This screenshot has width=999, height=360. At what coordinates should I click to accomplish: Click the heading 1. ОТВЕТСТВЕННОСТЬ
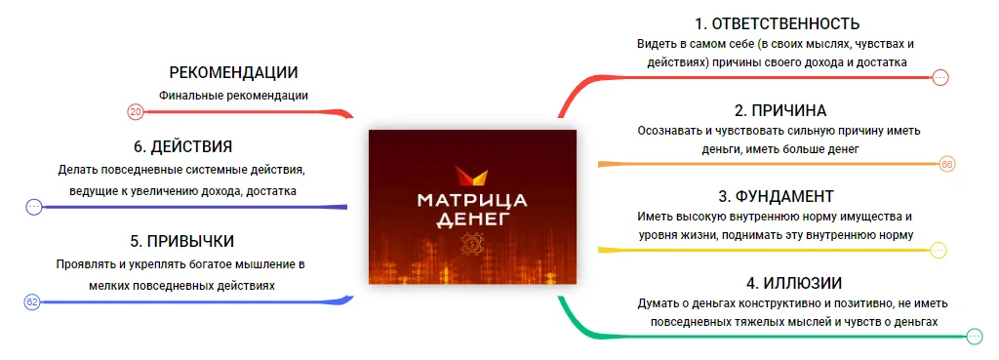pyautogui.click(x=778, y=23)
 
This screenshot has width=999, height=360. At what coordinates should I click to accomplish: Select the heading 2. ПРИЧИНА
pyautogui.click(x=780, y=110)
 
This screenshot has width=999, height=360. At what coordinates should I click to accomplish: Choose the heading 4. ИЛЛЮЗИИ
pyautogui.click(x=794, y=282)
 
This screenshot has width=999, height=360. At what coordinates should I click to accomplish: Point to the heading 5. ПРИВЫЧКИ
pyautogui.click(x=182, y=242)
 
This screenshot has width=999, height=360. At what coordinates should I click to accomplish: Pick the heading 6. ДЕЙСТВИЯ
pyautogui.click(x=182, y=146)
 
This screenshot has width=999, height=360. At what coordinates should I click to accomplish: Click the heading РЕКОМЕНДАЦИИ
pyautogui.click(x=234, y=72)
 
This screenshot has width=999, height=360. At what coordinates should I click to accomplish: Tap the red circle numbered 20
pyautogui.click(x=135, y=112)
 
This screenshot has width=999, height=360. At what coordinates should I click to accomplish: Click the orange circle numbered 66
pyautogui.click(x=947, y=164)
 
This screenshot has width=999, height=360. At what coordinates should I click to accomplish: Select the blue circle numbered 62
pyautogui.click(x=32, y=302)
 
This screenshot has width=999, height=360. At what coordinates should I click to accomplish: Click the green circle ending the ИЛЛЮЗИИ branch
pyautogui.click(x=975, y=337)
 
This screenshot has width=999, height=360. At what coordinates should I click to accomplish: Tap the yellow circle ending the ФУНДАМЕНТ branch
pyautogui.click(x=939, y=251)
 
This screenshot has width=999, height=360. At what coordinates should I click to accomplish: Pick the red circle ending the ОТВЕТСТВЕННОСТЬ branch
pyautogui.click(x=940, y=78)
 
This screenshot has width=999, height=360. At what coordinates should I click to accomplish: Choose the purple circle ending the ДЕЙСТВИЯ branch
pyautogui.click(x=34, y=207)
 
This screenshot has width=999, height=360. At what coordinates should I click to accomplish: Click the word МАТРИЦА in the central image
pyautogui.click(x=472, y=200)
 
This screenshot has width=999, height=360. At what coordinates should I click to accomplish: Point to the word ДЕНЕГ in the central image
pyautogui.click(x=472, y=220)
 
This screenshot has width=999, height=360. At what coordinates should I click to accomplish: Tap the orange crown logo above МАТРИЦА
pyautogui.click(x=472, y=176)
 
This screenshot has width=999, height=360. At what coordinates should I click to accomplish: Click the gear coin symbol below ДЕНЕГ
pyautogui.click(x=472, y=243)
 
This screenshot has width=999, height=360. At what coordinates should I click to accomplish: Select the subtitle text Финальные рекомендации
pyautogui.click(x=234, y=96)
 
